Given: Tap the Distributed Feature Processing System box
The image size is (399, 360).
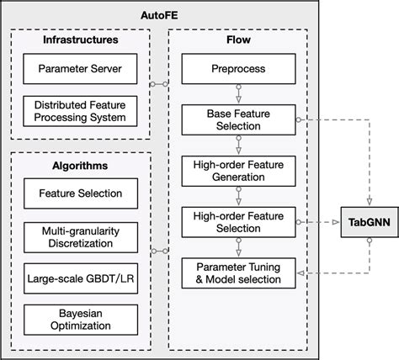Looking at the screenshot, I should point(81,110).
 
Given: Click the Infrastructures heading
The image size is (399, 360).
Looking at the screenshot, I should point(81,40).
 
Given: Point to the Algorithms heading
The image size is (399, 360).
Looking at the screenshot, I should point(81,167).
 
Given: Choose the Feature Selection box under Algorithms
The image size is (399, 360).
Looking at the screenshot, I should point(81,194).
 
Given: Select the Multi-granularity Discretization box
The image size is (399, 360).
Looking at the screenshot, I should point(81,236).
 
